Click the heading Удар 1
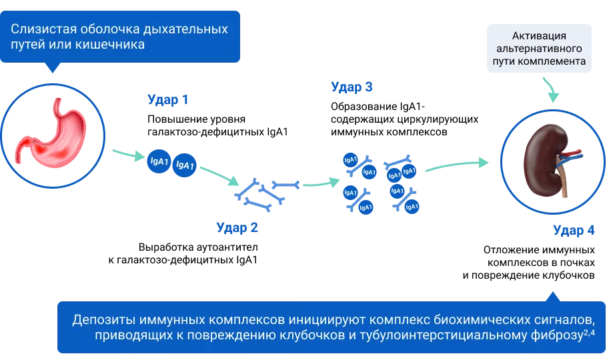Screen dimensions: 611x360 pyautogui.click(x=168, y=100)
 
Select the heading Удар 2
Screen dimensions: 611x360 pyautogui.click(x=237, y=227)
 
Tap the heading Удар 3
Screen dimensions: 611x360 pyautogui.click(x=352, y=87)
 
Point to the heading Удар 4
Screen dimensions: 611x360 pyautogui.click(x=574, y=230)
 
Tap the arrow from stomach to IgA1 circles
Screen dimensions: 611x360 pyautogui.click(x=129, y=155)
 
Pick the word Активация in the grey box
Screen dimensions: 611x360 pyautogui.click(x=539, y=36)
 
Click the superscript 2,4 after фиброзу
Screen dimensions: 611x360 pyautogui.click(x=589, y=333)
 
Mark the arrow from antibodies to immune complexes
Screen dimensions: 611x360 pyautogui.click(x=321, y=183)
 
